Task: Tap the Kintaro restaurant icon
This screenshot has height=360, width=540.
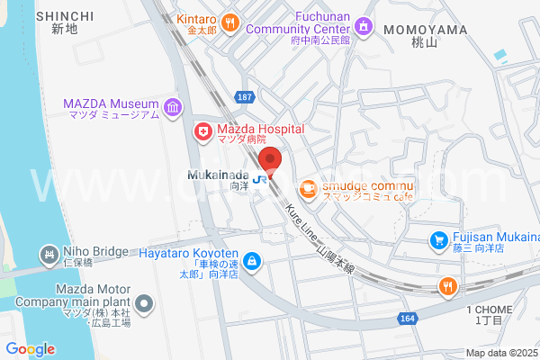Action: [230, 22]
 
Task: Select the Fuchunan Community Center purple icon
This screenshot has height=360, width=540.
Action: [363, 26]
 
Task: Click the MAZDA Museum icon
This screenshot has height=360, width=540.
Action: [173, 107]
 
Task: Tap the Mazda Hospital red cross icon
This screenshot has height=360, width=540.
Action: [204, 132]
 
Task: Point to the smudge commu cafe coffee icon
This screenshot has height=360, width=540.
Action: [308, 187]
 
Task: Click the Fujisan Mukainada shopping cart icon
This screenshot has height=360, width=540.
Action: [438, 240]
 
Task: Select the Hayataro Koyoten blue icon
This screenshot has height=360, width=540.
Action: [253, 261]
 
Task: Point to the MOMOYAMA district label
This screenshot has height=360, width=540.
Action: [425, 30]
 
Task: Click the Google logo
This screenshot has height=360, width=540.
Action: [30, 349]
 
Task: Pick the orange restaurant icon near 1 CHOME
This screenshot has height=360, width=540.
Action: [446, 286]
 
